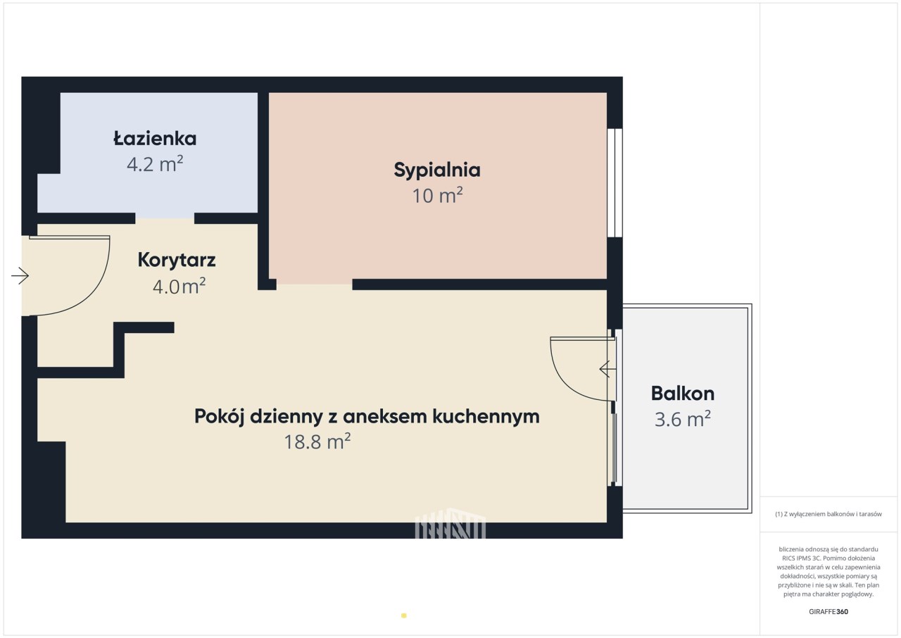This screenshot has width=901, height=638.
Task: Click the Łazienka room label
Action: pos(155,139)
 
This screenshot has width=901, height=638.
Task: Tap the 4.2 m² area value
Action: pos(155,163)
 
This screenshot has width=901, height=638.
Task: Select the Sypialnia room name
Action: pos(437,170)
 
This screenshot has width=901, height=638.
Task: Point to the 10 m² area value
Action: pos(437,195)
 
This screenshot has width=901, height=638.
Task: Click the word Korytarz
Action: pos(177,260)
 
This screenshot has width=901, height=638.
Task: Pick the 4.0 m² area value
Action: pos(179,286)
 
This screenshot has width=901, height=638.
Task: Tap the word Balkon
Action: pos(683,394)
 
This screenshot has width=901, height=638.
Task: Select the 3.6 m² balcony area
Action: pos(682,419)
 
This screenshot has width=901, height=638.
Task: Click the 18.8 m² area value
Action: pos(317,442)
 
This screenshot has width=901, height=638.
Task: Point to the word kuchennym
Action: pos(486,416)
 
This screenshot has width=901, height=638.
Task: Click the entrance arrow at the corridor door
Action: pos(20,276)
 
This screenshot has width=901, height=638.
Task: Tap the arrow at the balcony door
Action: pos(607,369)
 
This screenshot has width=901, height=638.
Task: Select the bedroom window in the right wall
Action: pos(615,182)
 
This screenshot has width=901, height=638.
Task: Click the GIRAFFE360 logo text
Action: pos(828,611)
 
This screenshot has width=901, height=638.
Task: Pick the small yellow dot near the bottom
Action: pos(404,615)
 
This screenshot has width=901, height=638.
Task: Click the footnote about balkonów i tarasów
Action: pos(828,514)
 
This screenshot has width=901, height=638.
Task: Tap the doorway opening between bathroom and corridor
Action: pos(165,218)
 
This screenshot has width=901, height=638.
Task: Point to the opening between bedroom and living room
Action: pos(314,284)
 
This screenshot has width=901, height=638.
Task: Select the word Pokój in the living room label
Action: pos(220,417)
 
